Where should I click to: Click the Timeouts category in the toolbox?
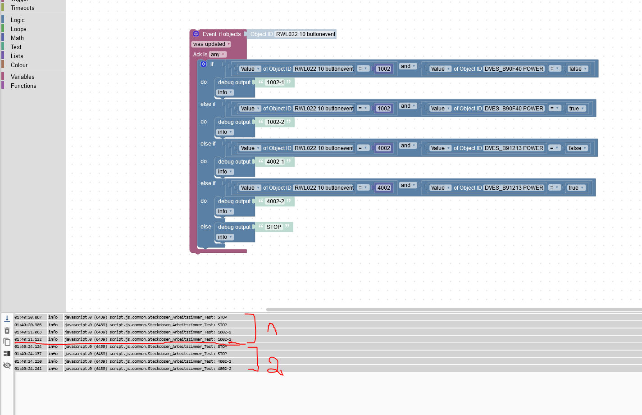coord(23,8)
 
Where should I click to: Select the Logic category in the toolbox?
coord(18,20)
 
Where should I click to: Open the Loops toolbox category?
coord(18,29)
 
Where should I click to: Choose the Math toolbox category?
coord(17,38)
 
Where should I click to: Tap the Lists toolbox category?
coord(17,56)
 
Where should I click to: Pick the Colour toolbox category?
coord(19,65)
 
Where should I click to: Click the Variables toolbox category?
coord(23,77)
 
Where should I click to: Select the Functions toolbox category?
coord(23,86)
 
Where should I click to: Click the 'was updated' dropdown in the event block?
coord(211,44)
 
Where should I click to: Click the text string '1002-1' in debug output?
coord(275,82)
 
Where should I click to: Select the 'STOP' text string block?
coord(273,227)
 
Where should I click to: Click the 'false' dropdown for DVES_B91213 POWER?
coord(577,148)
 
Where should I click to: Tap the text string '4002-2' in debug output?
coord(275,201)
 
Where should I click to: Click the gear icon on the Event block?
coord(196,34)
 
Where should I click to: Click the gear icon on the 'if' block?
coord(204,64)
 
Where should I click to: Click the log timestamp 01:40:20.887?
coord(28,317)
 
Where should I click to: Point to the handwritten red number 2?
coord(273,366)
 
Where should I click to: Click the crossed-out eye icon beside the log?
coord(7,365)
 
